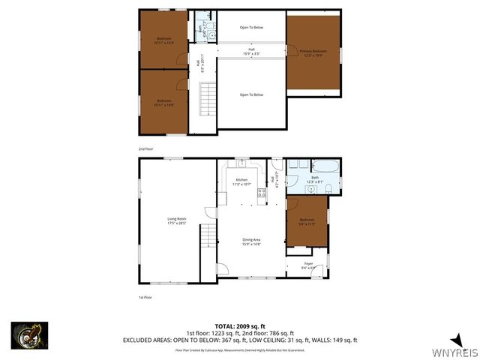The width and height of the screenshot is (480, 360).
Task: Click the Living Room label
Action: pos(176,220)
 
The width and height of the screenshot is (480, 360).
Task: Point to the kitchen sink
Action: pos(242,163)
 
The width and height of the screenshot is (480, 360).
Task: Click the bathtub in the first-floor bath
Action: pos(324,166)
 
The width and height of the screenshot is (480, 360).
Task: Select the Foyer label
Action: pos(307,265)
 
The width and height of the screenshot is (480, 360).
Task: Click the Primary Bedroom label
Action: pos(313,52)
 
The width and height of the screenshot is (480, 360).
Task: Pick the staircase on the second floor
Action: pos(206,97)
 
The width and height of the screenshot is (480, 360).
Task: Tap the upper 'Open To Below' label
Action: pos(251,28)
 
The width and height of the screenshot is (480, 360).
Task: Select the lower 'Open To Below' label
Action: pos(251,94)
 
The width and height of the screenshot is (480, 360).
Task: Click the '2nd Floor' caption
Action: pos(145,149)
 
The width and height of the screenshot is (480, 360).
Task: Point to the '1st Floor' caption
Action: pos(145,298)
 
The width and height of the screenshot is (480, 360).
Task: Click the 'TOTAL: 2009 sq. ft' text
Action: pos(240,327)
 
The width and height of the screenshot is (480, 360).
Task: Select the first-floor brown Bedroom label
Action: pos(307,222)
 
